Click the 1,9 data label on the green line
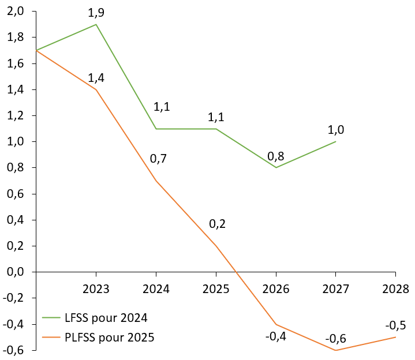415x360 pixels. [x=96, y=13]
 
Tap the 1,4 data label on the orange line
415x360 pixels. [x=96, y=78]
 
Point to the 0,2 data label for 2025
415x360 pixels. [x=217, y=223]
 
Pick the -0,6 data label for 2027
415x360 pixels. [x=335, y=339]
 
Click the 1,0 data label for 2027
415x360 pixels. [x=335, y=130]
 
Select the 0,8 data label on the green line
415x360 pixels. [x=276, y=156]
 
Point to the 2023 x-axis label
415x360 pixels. [x=96, y=288]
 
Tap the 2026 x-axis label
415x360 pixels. [x=276, y=288]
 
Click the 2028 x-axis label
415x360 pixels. [x=396, y=288]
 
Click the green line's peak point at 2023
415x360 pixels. [x=96, y=24]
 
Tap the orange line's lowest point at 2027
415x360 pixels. [x=335, y=350]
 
